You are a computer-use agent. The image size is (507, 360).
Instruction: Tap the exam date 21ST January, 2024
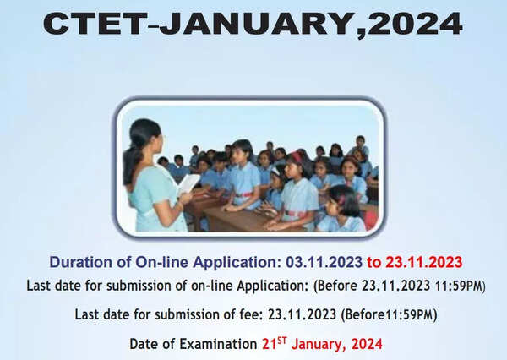[322, 343]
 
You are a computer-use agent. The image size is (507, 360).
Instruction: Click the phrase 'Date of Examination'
[194, 344]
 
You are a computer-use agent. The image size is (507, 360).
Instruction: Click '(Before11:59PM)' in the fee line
[391, 314]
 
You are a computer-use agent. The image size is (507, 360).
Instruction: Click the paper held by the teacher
[188, 183]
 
